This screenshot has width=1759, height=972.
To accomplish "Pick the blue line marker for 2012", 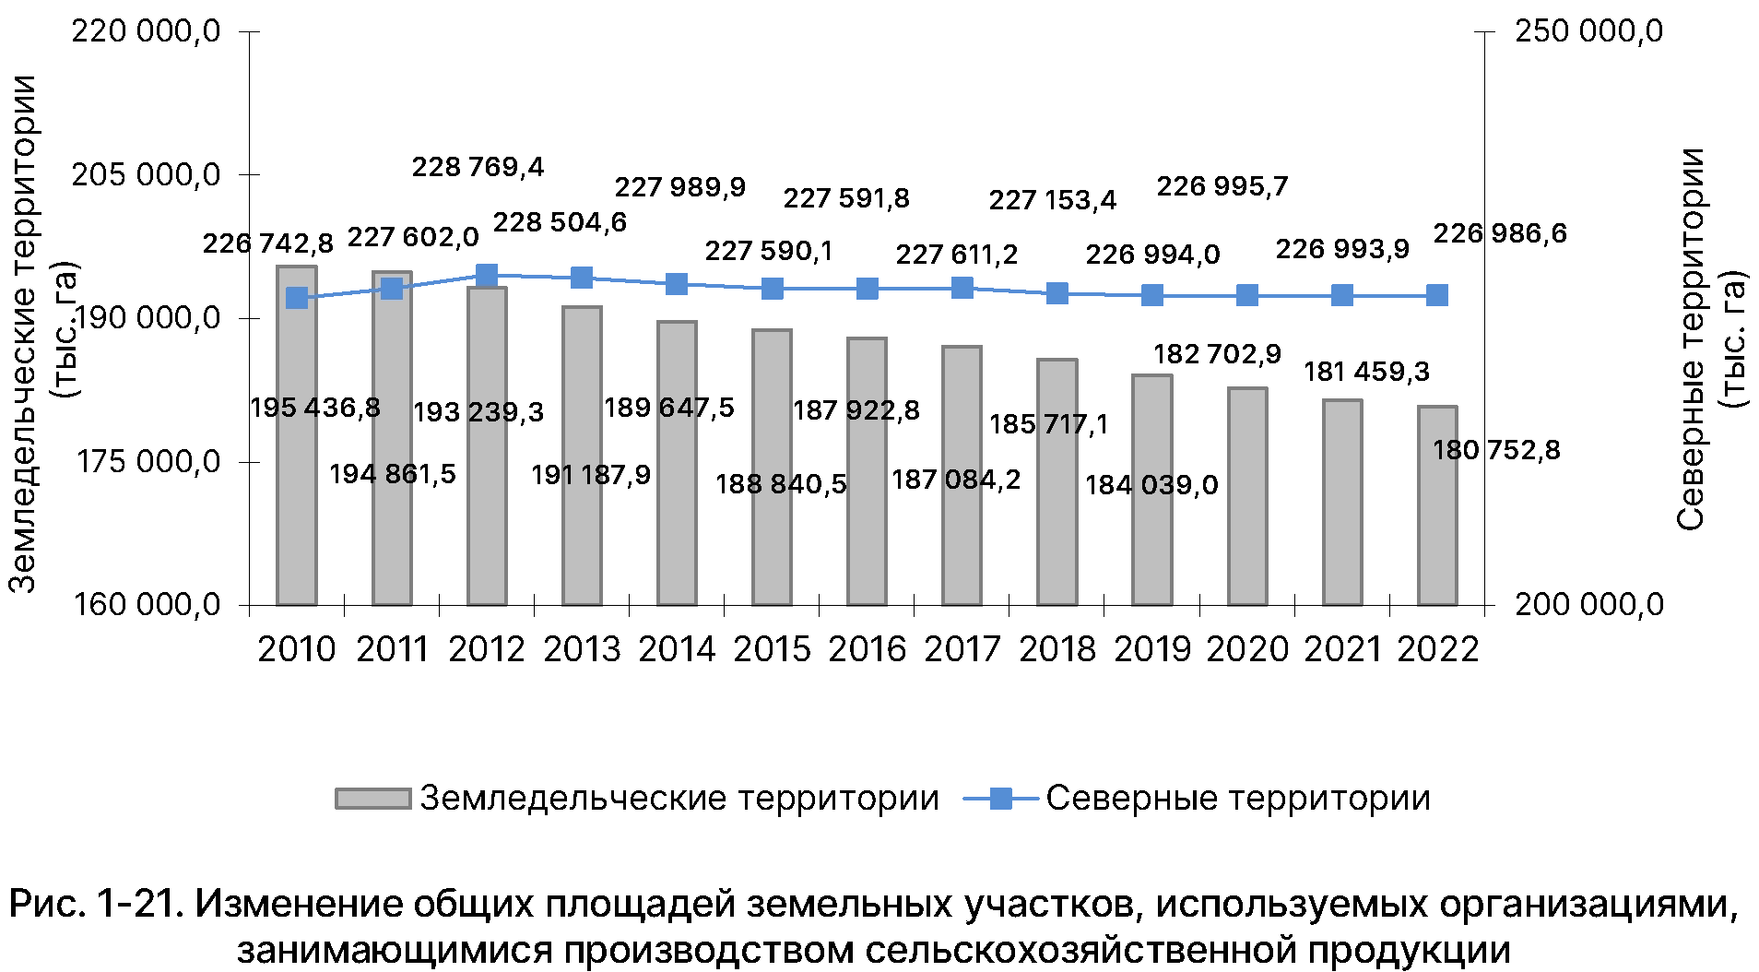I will [487, 276].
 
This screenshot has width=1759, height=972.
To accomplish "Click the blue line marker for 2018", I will [1057, 294].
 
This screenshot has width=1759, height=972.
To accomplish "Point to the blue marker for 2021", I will [1342, 295].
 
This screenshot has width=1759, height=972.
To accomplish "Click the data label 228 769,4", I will [478, 167].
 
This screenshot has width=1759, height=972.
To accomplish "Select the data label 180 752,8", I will [1496, 450].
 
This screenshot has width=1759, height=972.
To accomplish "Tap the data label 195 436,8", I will [315, 408].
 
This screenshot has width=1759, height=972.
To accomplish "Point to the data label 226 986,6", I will [1500, 233].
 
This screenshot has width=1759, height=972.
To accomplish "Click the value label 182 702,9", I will [1217, 354].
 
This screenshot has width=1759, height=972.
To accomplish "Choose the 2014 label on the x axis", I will [677, 649].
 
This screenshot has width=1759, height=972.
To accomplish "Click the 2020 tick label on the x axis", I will [1247, 649].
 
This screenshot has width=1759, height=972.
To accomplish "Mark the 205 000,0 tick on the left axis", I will [147, 174].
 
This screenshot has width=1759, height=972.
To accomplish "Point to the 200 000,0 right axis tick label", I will [1589, 605].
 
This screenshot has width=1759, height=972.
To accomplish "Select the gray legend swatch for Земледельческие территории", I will [372, 799].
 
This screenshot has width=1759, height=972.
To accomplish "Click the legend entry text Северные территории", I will [1237, 799].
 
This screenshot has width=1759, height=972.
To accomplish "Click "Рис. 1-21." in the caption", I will [92, 904].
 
